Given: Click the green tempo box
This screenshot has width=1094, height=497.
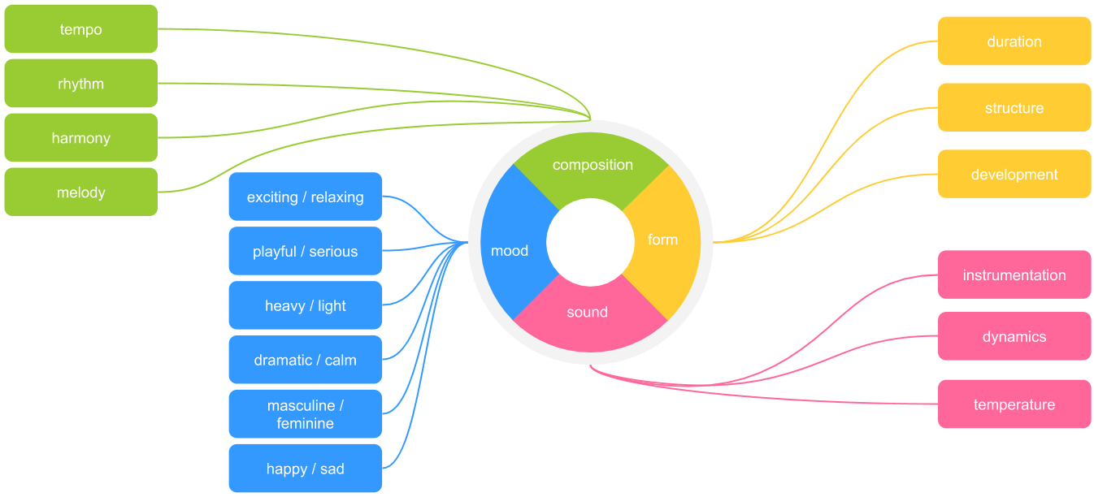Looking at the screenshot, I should point(81,29).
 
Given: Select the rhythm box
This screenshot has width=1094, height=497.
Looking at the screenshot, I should point(81,84).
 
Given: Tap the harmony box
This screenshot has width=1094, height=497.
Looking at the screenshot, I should point(81,138).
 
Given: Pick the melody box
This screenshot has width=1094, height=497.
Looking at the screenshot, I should point(81,192).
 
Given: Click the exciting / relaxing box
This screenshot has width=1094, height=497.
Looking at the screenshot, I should point(306,197).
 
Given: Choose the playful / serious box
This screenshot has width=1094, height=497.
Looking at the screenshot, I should point(306,252).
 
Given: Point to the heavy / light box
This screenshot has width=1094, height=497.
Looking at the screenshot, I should point(306,306).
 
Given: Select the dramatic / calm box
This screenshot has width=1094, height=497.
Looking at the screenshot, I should point(306,360).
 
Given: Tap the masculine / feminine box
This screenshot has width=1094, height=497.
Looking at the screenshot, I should point(306,414).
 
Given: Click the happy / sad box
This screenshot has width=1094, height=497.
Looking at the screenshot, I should point(306,469).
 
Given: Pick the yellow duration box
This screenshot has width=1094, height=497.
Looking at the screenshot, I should point(1014,41).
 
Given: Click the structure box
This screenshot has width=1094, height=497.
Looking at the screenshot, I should point(1014,108).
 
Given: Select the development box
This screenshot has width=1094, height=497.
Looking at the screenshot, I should point(1014,175).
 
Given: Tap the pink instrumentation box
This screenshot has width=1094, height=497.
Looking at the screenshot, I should point(1014,275).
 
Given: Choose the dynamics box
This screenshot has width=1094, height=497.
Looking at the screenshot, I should point(1014,337).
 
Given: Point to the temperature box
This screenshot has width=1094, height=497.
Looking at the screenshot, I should point(1014,404).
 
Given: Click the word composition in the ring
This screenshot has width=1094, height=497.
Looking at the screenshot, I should point(593,165).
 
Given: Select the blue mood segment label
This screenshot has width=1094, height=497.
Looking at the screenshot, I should point(510,251).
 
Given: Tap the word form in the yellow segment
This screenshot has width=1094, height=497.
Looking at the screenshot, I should point(662,240).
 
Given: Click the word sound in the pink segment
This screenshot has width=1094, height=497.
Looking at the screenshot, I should point(587,312).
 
